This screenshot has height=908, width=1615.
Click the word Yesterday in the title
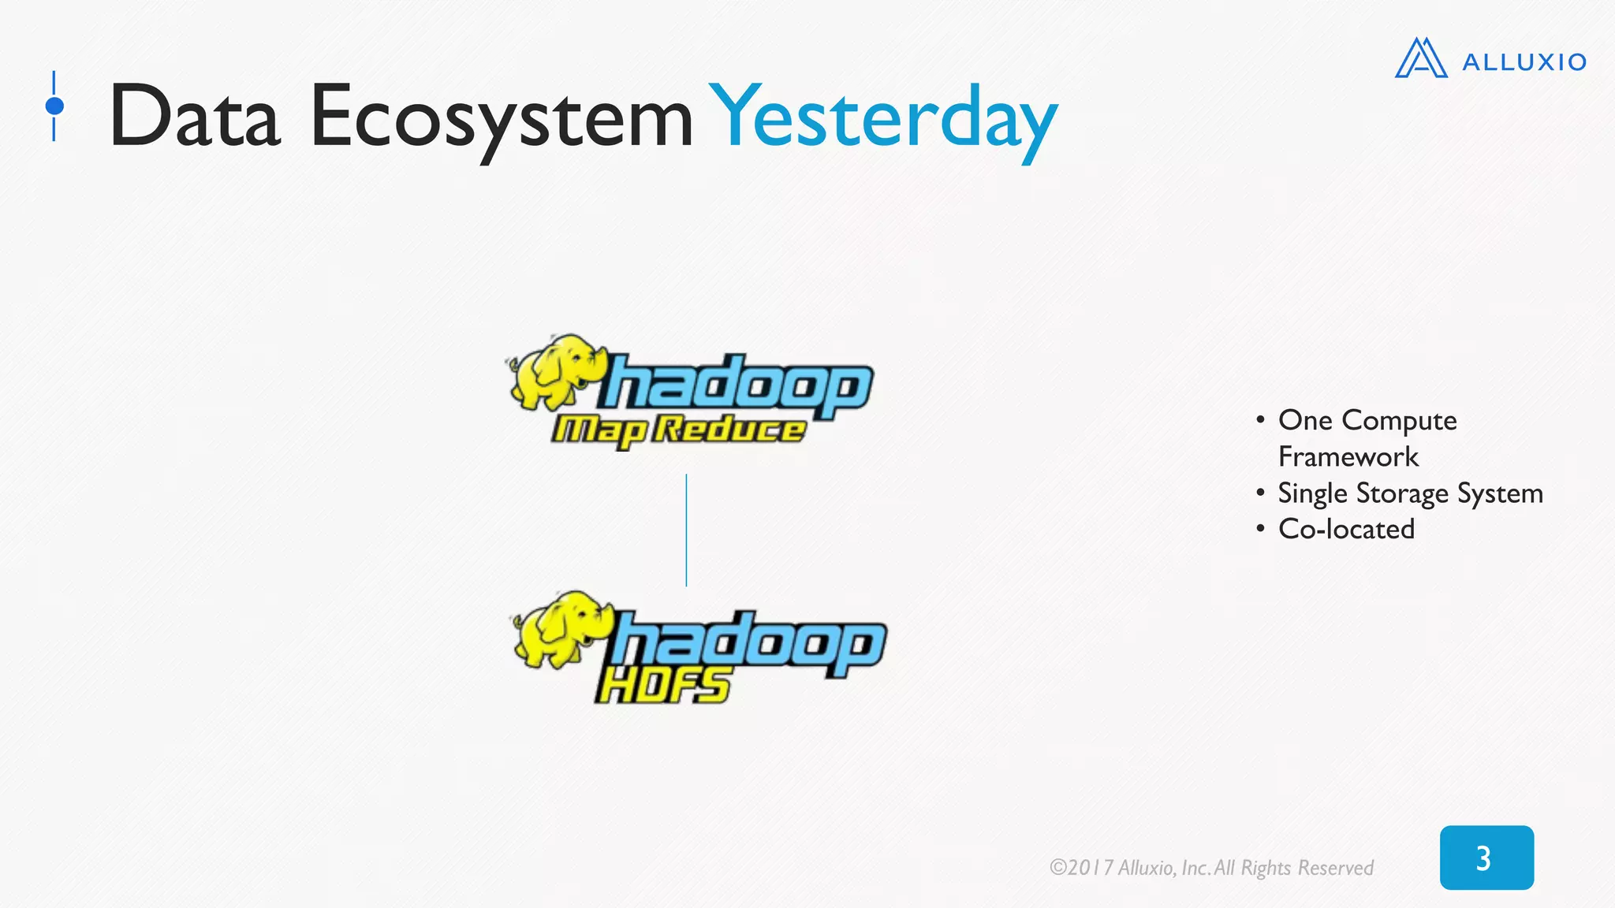click(883, 118)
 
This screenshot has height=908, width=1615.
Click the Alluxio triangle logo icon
click(1420, 58)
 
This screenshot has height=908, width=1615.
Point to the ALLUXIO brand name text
click(1524, 62)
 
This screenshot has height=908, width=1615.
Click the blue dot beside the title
click(54, 106)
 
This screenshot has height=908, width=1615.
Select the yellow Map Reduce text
click(678, 430)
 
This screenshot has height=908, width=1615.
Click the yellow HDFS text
click(662, 684)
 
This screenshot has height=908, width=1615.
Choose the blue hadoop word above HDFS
click(749, 642)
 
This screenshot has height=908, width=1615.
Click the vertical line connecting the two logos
click(686, 530)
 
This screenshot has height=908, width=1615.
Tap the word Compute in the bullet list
click(1399, 421)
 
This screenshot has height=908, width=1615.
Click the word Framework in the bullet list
click(1348, 457)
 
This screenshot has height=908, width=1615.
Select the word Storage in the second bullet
click(1402, 493)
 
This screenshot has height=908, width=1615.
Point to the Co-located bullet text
click(1346, 529)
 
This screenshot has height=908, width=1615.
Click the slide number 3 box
click(1486, 858)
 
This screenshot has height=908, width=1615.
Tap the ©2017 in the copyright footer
click(1081, 868)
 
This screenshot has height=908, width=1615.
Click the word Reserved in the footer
click(1335, 868)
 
